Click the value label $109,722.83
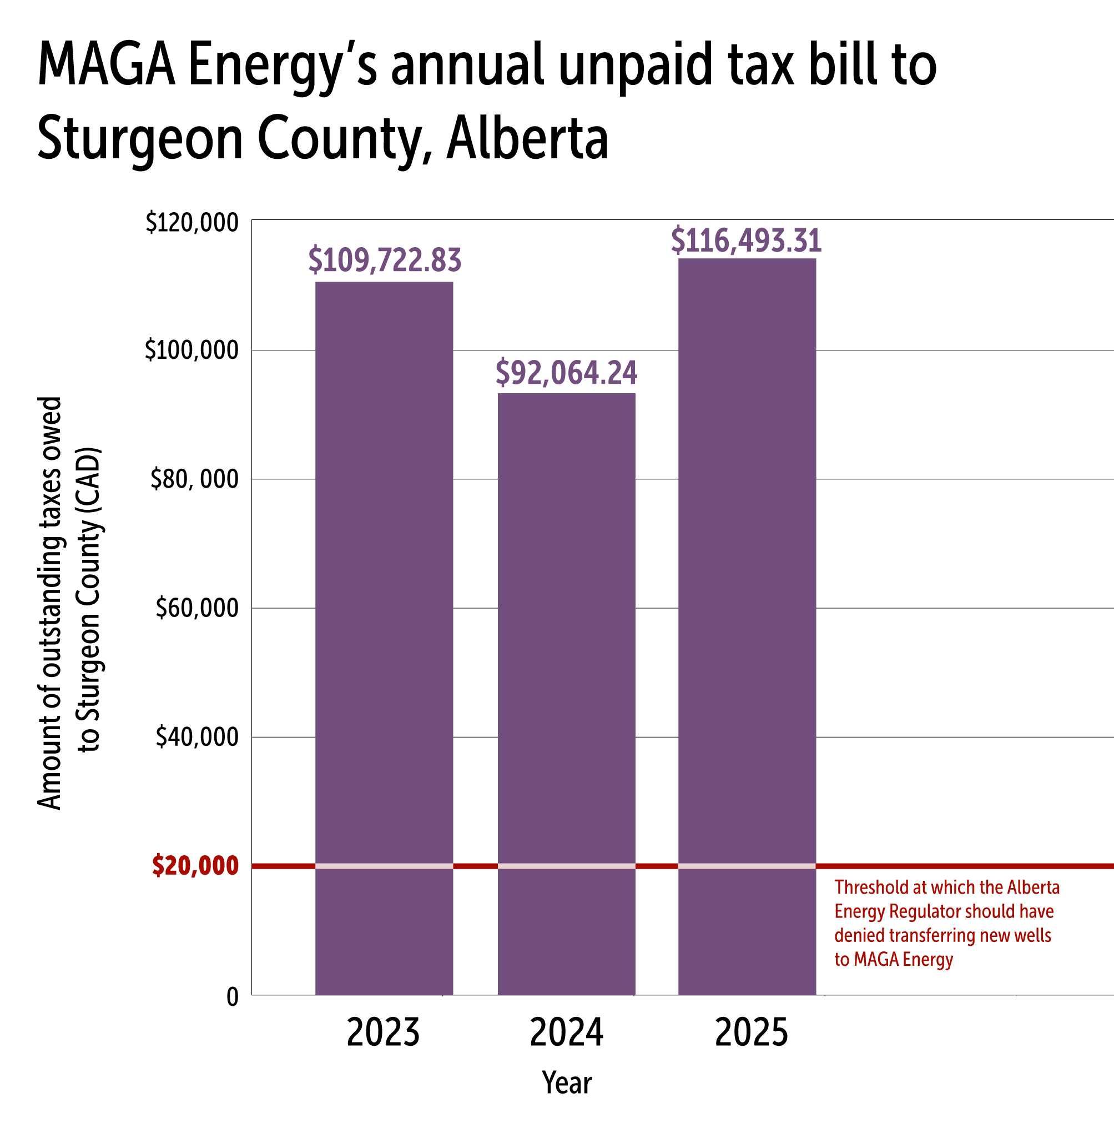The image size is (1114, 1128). (x=385, y=260)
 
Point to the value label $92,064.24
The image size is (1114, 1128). (x=566, y=373)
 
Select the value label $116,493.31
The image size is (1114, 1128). (x=747, y=240)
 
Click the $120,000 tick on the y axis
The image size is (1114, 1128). (x=192, y=223)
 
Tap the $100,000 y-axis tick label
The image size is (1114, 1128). (x=192, y=350)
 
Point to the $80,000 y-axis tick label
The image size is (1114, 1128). (x=194, y=479)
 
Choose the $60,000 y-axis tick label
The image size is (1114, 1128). (x=196, y=608)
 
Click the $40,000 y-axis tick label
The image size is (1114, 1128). (x=196, y=737)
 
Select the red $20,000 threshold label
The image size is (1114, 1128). (x=195, y=865)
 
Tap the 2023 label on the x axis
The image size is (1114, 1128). (x=383, y=1033)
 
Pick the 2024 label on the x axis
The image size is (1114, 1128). (x=566, y=1033)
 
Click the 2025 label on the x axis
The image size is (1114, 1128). (x=751, y=1033)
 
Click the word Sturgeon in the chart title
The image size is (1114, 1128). (x=140, y=139)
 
